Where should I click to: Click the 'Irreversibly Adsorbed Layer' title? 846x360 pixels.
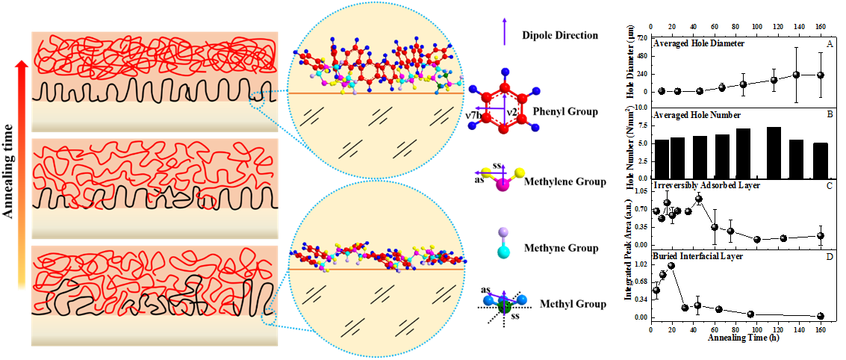pyautogui.click(x=706, y=184)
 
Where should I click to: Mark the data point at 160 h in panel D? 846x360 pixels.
pyautogui.click(x=821, y=317)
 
